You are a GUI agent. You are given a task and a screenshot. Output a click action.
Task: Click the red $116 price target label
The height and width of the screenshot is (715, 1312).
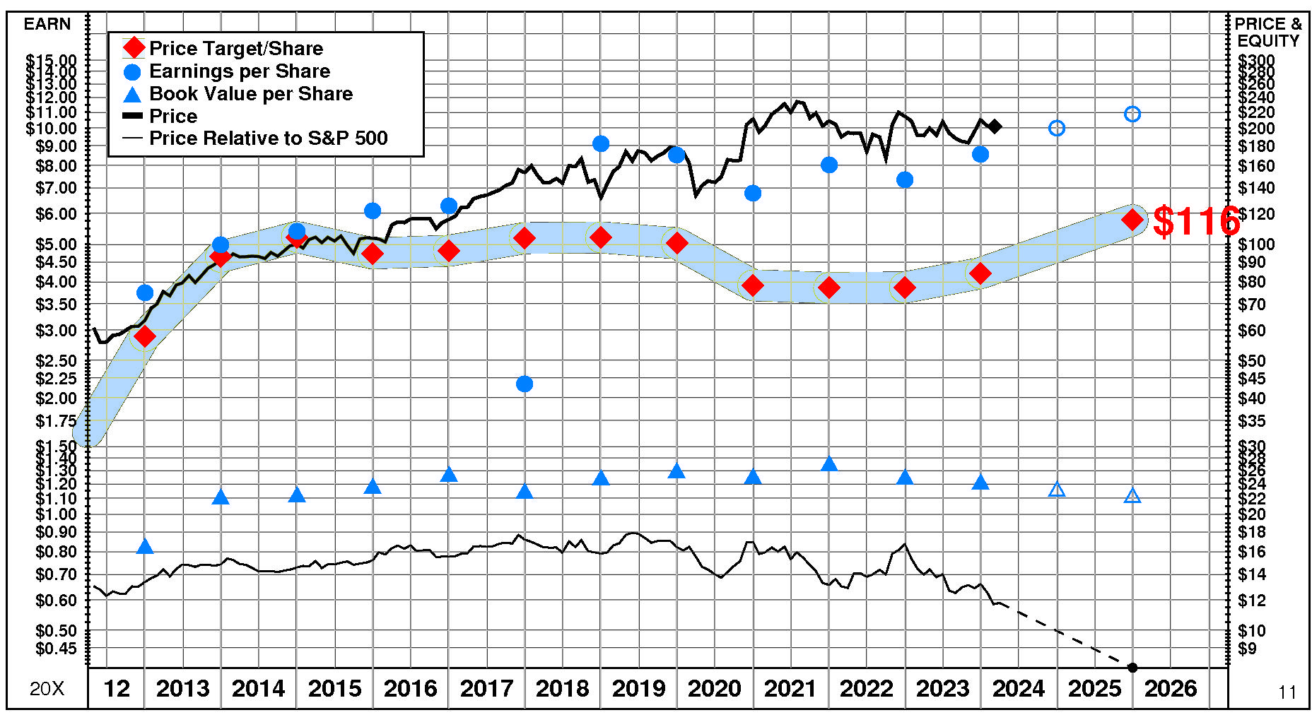click(x=1196, y=221)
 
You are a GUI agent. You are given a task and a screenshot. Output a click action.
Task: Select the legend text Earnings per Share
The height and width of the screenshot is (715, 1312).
click(x=240, y=71)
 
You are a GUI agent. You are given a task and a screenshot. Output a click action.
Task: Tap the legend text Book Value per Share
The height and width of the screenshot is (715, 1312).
click(x=251, y=94)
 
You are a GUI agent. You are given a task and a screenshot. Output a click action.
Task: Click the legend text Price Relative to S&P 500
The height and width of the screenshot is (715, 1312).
click(x=268, y=138)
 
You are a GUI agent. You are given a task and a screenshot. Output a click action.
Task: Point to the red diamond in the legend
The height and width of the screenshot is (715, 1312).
click(x=134, y=49)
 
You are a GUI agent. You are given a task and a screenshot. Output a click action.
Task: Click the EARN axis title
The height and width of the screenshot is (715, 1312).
click(x=47, y=24)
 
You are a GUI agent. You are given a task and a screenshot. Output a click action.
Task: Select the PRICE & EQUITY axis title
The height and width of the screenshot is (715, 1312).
click(x=1268, y=32)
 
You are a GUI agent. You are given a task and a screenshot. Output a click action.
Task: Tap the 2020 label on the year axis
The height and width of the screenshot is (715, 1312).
click(x=714, y=688)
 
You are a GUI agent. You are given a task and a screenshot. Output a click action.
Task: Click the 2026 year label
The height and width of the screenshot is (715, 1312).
click(x=1171, y=688)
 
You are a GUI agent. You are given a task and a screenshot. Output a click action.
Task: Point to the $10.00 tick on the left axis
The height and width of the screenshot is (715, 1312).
click(x=52, y=129)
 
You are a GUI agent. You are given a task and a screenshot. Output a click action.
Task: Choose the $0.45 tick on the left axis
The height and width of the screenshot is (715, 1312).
click(x=56, y=649)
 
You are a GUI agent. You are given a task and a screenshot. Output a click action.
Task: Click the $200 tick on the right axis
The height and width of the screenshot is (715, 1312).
click(x=1256, y=129)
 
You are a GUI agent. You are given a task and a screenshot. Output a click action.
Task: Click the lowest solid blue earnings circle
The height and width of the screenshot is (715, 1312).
click(x=525, y=384)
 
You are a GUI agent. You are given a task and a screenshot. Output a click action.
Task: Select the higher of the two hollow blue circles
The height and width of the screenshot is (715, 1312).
click(x=1132, y=114)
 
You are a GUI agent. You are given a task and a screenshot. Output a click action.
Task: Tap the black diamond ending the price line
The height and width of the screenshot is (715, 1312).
click(x=995, y=126)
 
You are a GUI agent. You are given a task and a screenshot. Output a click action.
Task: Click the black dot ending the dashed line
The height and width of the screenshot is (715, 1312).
click(x=1132, y=668)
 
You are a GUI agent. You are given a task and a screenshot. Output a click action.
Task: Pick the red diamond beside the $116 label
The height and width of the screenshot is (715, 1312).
click(x=1132, y=219)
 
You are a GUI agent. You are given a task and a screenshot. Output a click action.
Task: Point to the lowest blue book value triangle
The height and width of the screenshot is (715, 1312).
click(x=145, y=546)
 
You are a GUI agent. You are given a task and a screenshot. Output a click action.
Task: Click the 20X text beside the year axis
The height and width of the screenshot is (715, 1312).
click(x=47, y=689)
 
